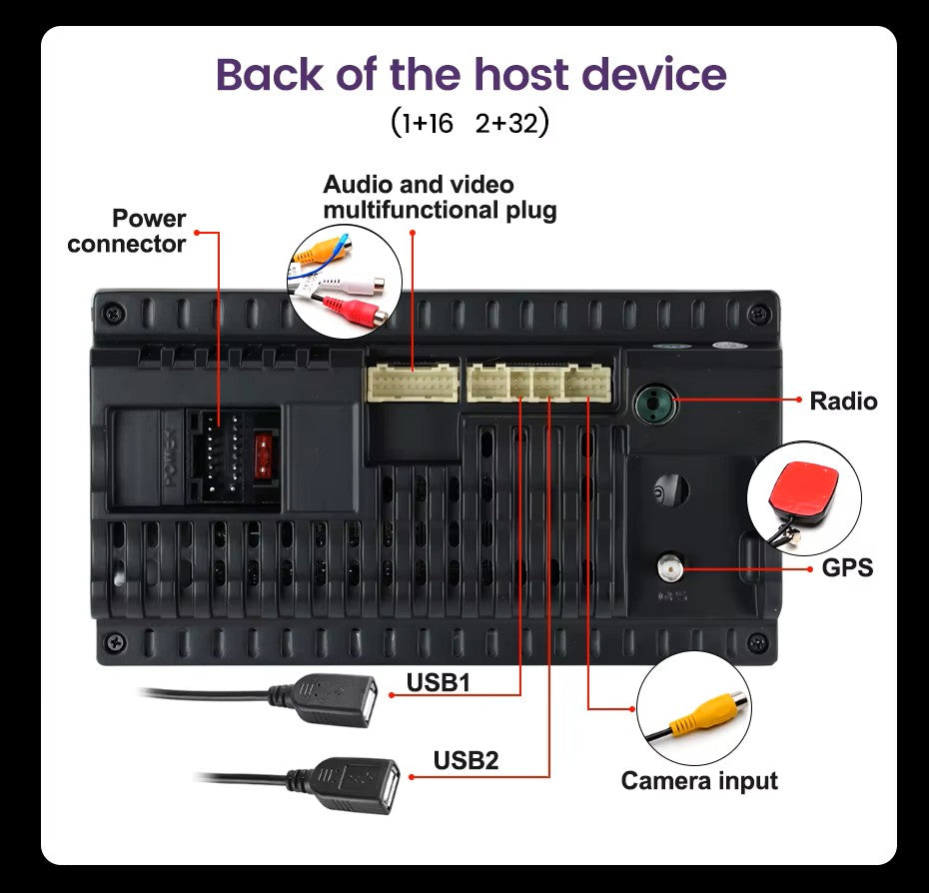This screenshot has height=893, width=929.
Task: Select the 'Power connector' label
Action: (x=127, y=231)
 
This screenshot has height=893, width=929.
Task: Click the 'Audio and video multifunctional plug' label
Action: (x=439, y=197)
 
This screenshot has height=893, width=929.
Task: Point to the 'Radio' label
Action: (x=843, y=402)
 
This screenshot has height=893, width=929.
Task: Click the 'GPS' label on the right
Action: (x=847, y=568)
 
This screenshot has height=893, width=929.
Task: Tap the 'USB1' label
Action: (x=438, y=683)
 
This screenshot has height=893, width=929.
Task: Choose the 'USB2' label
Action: (x=465, y=760)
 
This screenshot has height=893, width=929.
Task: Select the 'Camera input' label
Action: (x=699, y=780)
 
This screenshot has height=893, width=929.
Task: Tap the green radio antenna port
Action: (x=653, y=403)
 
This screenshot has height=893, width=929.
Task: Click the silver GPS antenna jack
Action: (x=667, y=569)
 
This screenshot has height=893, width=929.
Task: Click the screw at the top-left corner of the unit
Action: (x=116, y=314)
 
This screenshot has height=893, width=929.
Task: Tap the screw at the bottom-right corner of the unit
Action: (x=757, y=641)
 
